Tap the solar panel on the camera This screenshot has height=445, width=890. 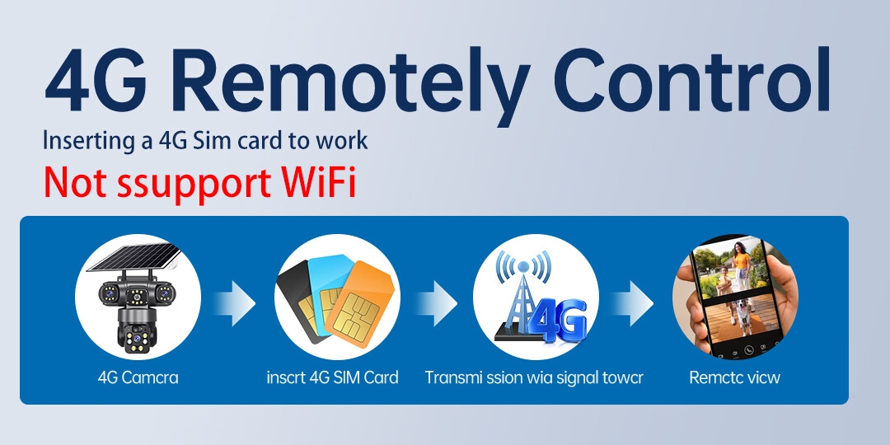tap(133, 256)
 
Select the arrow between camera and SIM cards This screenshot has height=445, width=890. tap(235, 302)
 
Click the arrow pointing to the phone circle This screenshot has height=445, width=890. tap(632, 302)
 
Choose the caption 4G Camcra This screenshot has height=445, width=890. tap(138, 377)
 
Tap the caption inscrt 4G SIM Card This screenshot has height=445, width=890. tap(333, 377)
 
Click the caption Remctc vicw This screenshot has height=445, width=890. tap(734, 377)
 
